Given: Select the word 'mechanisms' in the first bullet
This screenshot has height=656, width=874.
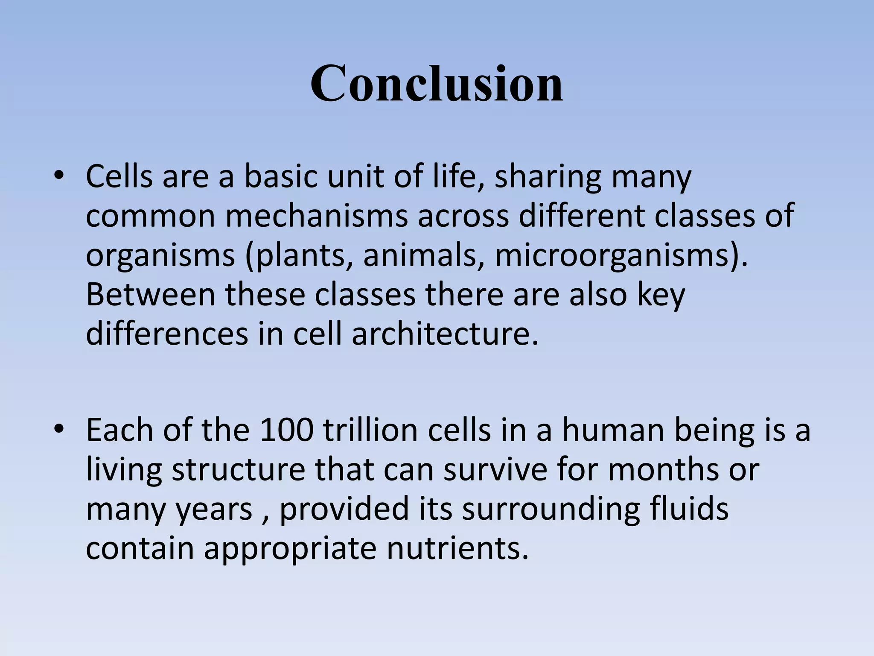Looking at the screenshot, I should click(x=316, y=216).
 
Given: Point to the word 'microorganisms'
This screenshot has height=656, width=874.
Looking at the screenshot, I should click(x=611, y=255).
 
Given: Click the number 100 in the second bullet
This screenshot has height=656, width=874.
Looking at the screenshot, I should click(x=286, y=430).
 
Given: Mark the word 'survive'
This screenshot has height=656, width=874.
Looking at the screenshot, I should click(x=495, y=470).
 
